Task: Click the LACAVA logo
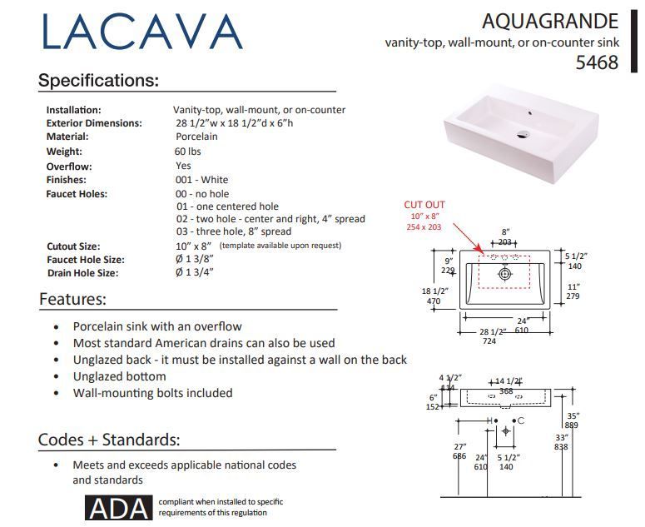click(141, 33)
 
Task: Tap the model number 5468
click(598, 62)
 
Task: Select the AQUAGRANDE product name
click(549, 21)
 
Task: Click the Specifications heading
click(98, 81)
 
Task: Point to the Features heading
click(72, 299)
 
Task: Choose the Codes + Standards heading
click(109, 440)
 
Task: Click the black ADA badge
click(119, 508)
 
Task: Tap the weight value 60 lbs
click(188, 152)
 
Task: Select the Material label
click(67, 137)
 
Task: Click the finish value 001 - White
click(201, 180)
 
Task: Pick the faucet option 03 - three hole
click(233, 231)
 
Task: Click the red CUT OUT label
click(424, 205)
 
